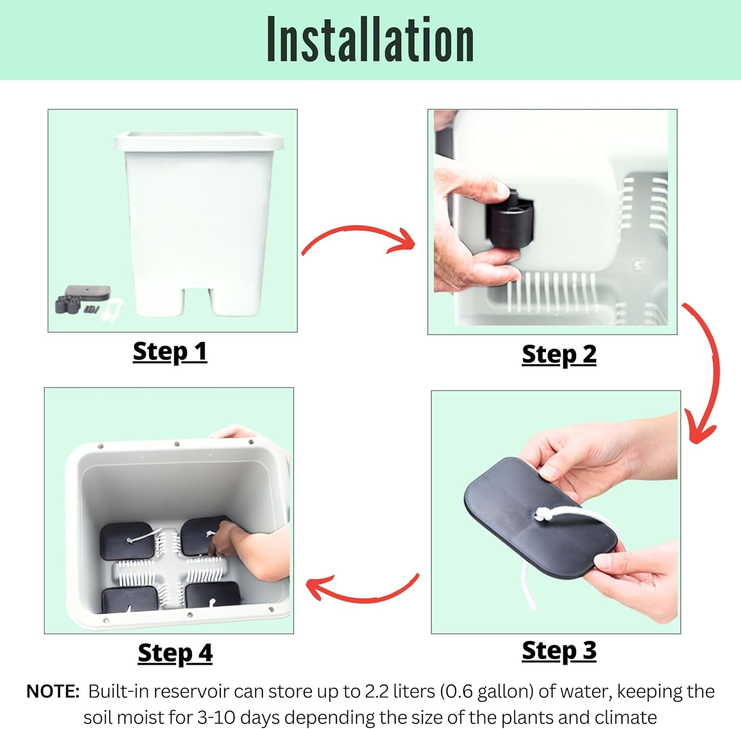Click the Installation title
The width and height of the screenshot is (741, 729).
370,39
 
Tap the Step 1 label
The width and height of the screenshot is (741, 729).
170,352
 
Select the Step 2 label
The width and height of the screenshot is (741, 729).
559,355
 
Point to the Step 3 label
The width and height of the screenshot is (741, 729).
559,651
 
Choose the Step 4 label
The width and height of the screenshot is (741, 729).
175,653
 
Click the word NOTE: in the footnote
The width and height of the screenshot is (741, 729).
53,691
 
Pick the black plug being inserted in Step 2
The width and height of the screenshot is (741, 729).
510,219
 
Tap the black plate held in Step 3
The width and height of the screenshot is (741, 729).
540,518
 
